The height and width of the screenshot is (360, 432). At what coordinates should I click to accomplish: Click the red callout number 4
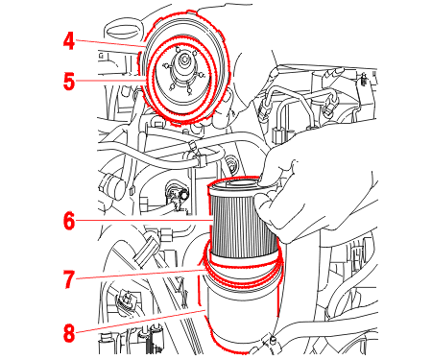(69, 41)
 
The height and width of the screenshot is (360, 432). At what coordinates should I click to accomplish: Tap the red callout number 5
(69, 82)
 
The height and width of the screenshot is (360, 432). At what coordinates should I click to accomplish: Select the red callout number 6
(69, 221)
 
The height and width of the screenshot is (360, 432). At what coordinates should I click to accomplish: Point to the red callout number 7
(69, 279)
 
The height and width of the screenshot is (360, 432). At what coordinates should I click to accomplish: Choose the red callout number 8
(69, 333)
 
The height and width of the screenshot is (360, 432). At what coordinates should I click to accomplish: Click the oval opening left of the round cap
(123, 32)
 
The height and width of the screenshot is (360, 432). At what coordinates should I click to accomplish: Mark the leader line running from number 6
(144, 221)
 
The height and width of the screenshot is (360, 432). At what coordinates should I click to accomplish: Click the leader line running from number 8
(140, 321)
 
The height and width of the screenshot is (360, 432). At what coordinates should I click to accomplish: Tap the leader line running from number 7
(142, 275)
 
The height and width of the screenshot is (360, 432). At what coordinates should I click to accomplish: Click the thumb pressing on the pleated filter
(265, 209)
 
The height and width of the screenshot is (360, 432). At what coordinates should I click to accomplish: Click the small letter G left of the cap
(102, 55)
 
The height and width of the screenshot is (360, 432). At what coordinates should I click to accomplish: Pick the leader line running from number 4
(110, 43)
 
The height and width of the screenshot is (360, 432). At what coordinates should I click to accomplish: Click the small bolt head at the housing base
(273, 338)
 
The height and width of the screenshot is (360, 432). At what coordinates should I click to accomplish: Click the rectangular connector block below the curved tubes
(278, 135)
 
